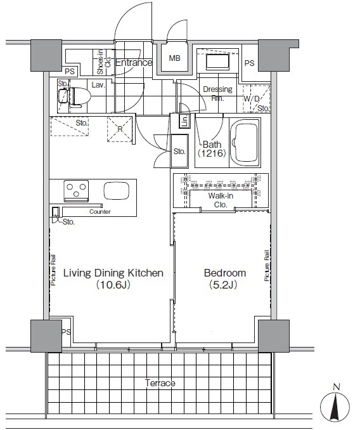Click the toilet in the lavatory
pos(75,97)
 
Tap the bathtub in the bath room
pos(245,143)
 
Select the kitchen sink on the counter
pos(117,190)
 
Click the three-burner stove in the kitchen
pos(76,190)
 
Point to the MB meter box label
pos(174,58)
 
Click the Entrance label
pos(134,63)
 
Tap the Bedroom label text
pos(225,273)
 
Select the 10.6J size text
pos(113,285)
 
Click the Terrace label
pos(160,383)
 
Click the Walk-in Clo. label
pos(221,200)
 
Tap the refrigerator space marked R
pos(120,129)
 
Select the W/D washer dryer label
pos(252,99)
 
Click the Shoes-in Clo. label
pos(103,62)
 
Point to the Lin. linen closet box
pos(185,121)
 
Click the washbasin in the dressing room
pos(217,62)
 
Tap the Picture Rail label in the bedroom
pos(267,266)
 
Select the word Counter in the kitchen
pos(100,212)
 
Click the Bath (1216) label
pos(212,149)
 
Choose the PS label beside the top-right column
pos(249,63)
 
